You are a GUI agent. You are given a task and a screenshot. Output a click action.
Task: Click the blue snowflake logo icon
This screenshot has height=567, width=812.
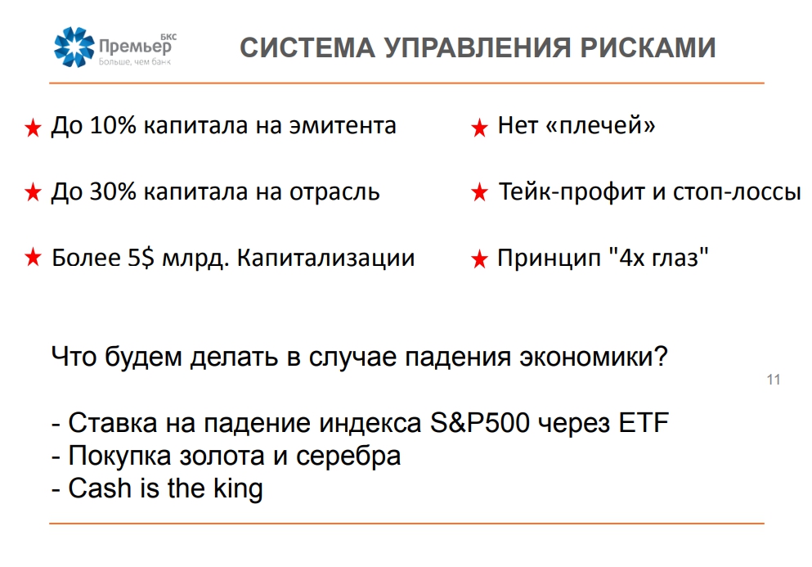[74, 47]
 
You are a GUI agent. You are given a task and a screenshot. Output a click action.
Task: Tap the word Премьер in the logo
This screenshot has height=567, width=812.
[135, 47]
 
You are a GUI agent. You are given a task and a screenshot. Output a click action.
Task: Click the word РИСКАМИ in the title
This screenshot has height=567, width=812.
[648, 47]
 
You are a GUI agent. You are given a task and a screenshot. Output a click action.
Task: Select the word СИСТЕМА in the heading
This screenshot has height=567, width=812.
[307, 47]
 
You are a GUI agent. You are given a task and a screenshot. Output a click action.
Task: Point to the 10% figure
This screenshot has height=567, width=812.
[113, 125]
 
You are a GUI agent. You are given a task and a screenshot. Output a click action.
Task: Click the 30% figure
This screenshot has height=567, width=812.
[113, 191]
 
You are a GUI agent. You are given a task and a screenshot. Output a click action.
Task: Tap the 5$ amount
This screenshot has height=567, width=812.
[141, 258]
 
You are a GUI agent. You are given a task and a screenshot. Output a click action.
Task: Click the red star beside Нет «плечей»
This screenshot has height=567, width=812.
[479, 128]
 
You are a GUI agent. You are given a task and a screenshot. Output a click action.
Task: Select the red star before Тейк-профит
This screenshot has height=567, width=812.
[479, 193]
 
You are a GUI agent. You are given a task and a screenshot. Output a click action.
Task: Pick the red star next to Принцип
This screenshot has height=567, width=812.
[479, 259]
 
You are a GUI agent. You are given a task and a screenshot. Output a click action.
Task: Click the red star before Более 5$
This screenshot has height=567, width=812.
[33, 257]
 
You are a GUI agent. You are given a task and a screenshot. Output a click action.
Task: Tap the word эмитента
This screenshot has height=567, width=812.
[343, 126]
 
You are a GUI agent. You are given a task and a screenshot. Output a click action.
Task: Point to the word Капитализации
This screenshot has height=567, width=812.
[325, 258]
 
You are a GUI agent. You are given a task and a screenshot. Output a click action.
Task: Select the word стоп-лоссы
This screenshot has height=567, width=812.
[738, 192]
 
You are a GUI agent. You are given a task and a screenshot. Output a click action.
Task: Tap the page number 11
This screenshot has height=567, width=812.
[774, 380]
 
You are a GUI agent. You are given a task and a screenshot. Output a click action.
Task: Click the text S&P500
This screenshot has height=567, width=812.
[480, 422]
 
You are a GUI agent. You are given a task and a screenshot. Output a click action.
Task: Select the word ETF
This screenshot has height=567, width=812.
[644, 422]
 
